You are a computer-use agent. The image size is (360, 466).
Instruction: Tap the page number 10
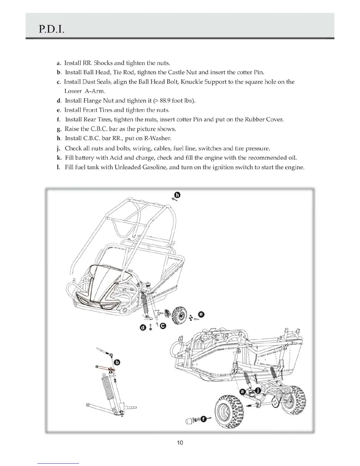[x=180, y=442]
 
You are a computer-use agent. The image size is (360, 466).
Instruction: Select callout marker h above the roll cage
[x=177, y=195]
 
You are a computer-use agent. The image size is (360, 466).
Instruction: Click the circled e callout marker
[x=201, y=314]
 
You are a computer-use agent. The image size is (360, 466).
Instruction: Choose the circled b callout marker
[x=117, y=362]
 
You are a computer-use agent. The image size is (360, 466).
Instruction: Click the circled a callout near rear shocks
[x=242, y=392]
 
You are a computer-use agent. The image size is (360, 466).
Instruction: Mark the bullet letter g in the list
[x=59, y=129]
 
